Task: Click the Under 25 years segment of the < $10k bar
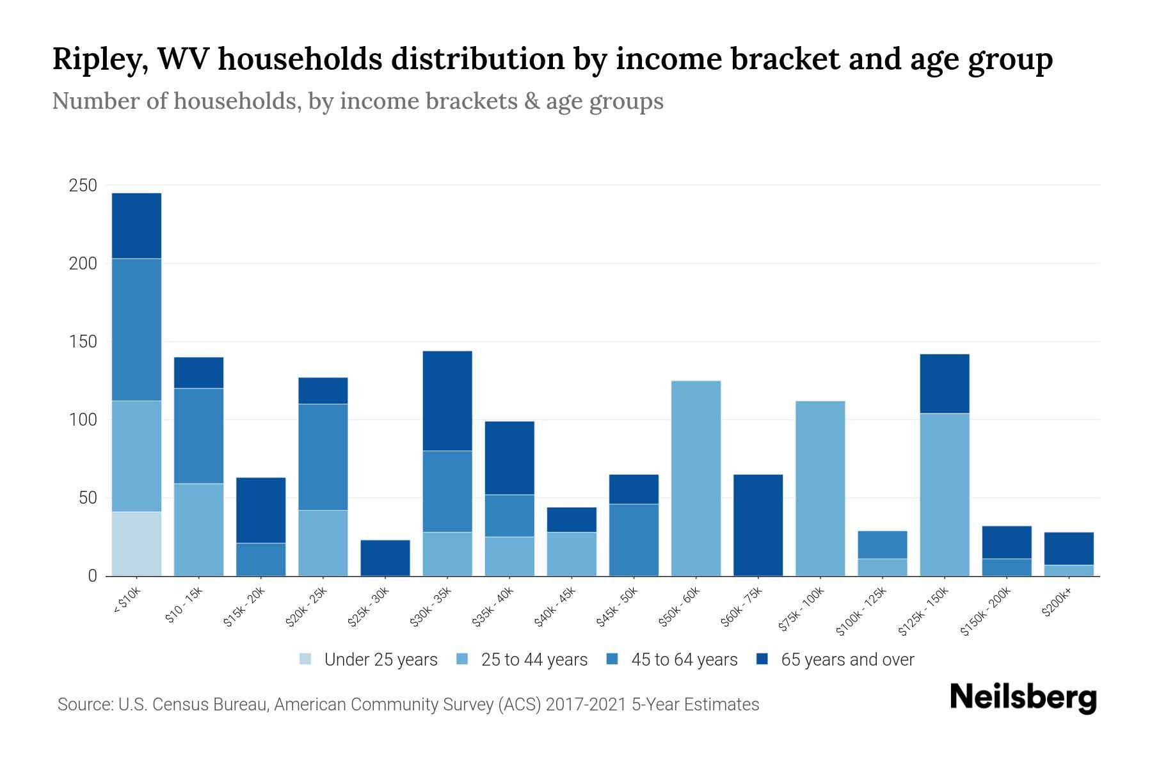click(x=136, y=543)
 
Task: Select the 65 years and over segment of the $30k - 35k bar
click(x=447, y=401)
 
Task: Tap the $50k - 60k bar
click(x=696, y=478)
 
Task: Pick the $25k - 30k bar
click(x=385, y=557)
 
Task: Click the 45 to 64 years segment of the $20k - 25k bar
click(x=323, y=456)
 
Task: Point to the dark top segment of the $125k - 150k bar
click(x=944, y=383)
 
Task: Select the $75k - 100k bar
click(x=820, y=488)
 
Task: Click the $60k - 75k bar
click(x=758, y=525)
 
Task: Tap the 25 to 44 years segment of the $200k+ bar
click(x=1068, y=570)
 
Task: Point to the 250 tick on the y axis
click(x=83, y=186)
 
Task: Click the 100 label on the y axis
click(x=83, y=420)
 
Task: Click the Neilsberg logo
click(x=1023, y=698)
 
